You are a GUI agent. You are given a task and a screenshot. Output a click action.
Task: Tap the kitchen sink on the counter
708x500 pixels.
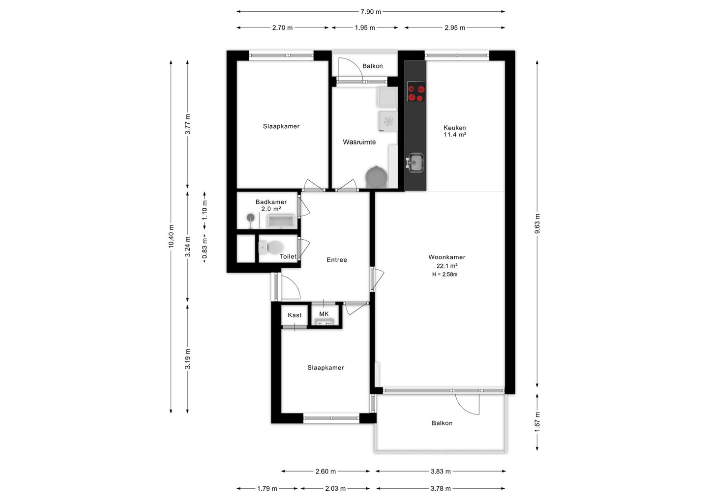415,163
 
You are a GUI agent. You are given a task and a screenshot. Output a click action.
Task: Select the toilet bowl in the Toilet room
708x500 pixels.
271,247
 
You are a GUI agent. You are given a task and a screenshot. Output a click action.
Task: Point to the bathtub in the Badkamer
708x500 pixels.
281,222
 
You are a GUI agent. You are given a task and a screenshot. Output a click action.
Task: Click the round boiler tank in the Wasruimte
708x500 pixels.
376,177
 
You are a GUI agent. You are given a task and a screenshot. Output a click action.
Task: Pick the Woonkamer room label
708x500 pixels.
446,257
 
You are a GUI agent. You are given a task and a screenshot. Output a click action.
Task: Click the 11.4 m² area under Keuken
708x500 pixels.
455,135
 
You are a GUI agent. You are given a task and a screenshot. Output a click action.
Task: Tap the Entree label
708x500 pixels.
337,260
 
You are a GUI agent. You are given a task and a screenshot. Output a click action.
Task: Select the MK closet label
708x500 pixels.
324,314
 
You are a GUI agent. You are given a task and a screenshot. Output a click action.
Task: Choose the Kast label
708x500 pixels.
295,315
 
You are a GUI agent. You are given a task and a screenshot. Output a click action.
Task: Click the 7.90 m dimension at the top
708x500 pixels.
371,12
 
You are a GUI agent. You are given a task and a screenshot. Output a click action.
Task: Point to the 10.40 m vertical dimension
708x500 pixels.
171,236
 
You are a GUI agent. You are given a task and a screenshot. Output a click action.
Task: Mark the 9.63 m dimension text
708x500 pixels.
537,223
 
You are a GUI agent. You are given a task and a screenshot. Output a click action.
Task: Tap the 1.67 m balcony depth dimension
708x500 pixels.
537,422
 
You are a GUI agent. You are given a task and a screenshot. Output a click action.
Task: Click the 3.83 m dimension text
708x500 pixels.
441,472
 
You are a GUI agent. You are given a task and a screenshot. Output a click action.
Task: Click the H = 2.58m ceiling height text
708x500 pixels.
444,274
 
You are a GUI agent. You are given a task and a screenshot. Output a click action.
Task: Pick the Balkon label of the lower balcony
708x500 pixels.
442,423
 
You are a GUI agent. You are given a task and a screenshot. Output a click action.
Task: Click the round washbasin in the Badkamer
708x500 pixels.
251,217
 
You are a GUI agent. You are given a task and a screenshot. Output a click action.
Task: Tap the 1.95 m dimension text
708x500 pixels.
365,28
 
